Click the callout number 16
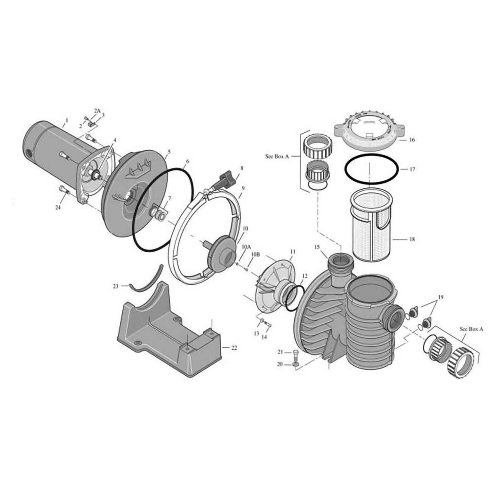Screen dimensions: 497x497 click(x=412, y=140)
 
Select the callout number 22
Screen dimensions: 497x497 click(x=234, y=348)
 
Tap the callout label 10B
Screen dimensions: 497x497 click(x=256, y=254)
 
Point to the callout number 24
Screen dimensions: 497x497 click(x=58, y=208)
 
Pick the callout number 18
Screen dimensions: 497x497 click(x=412, y=239)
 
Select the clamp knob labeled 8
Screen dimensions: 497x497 click(x=227, y=180)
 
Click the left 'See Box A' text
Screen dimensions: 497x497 click(x=277, y=156)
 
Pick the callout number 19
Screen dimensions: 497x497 click(x=441, y=297)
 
